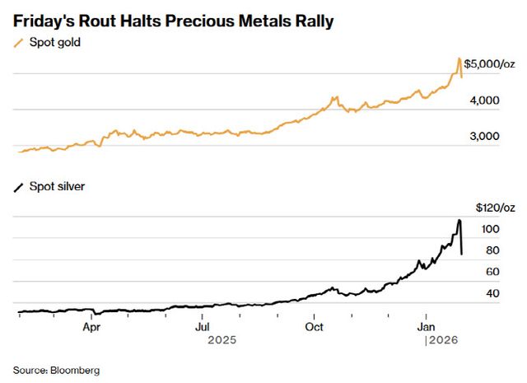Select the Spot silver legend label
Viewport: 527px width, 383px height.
(57, 187)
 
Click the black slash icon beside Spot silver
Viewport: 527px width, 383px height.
(18, 187)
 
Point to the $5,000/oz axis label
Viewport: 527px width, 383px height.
(489, 63)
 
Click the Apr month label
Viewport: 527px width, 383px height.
(92, 326)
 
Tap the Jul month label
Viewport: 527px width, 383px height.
(203, 326)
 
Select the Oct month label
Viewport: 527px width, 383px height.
(314, 326)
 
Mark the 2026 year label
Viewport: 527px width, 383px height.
(441, 339)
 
